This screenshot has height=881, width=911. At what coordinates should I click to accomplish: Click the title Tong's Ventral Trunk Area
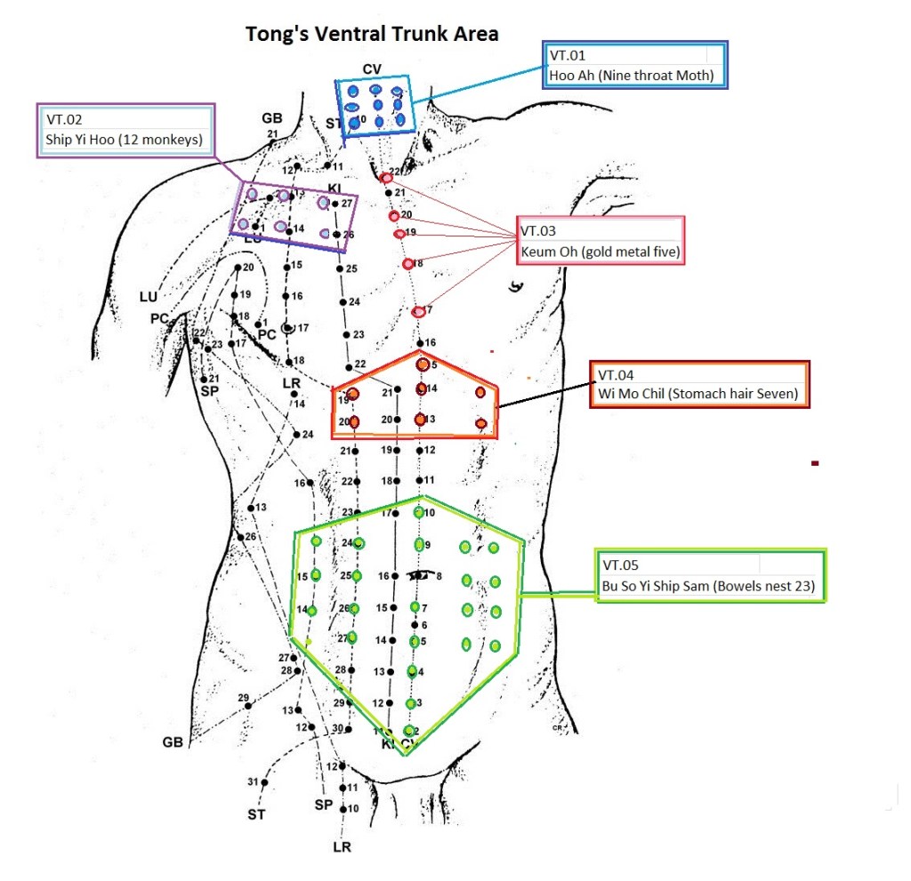click(372, 35)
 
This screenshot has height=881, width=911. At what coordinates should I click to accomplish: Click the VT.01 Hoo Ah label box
click(637, 65)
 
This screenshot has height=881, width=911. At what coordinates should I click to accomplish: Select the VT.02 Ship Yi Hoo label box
click(126, 131)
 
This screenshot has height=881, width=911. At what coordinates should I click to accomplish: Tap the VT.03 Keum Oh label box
click(601, 240)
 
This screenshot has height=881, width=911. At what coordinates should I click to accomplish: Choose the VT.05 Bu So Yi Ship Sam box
click(711, 576)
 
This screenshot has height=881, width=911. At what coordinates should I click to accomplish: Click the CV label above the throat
click(372, 69)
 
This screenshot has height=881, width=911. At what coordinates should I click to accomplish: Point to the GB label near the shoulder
click(271, 118)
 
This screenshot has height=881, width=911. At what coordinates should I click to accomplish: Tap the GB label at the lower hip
click(173, 741)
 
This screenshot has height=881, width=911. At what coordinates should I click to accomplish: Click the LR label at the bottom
click(343, 847)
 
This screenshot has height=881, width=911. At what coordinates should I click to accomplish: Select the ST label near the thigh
click(256, 813)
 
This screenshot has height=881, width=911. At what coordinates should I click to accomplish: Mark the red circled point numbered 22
click(386, 178)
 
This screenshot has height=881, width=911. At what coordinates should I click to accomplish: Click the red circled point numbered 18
click(407, 264)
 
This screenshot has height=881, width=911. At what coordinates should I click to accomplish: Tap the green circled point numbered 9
click(419, 544)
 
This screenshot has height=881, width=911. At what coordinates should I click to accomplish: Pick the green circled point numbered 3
click(411, 703)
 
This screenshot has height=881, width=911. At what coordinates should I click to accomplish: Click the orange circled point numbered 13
click(420, 419)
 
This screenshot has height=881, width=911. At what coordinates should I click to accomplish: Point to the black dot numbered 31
click(264, 782)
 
